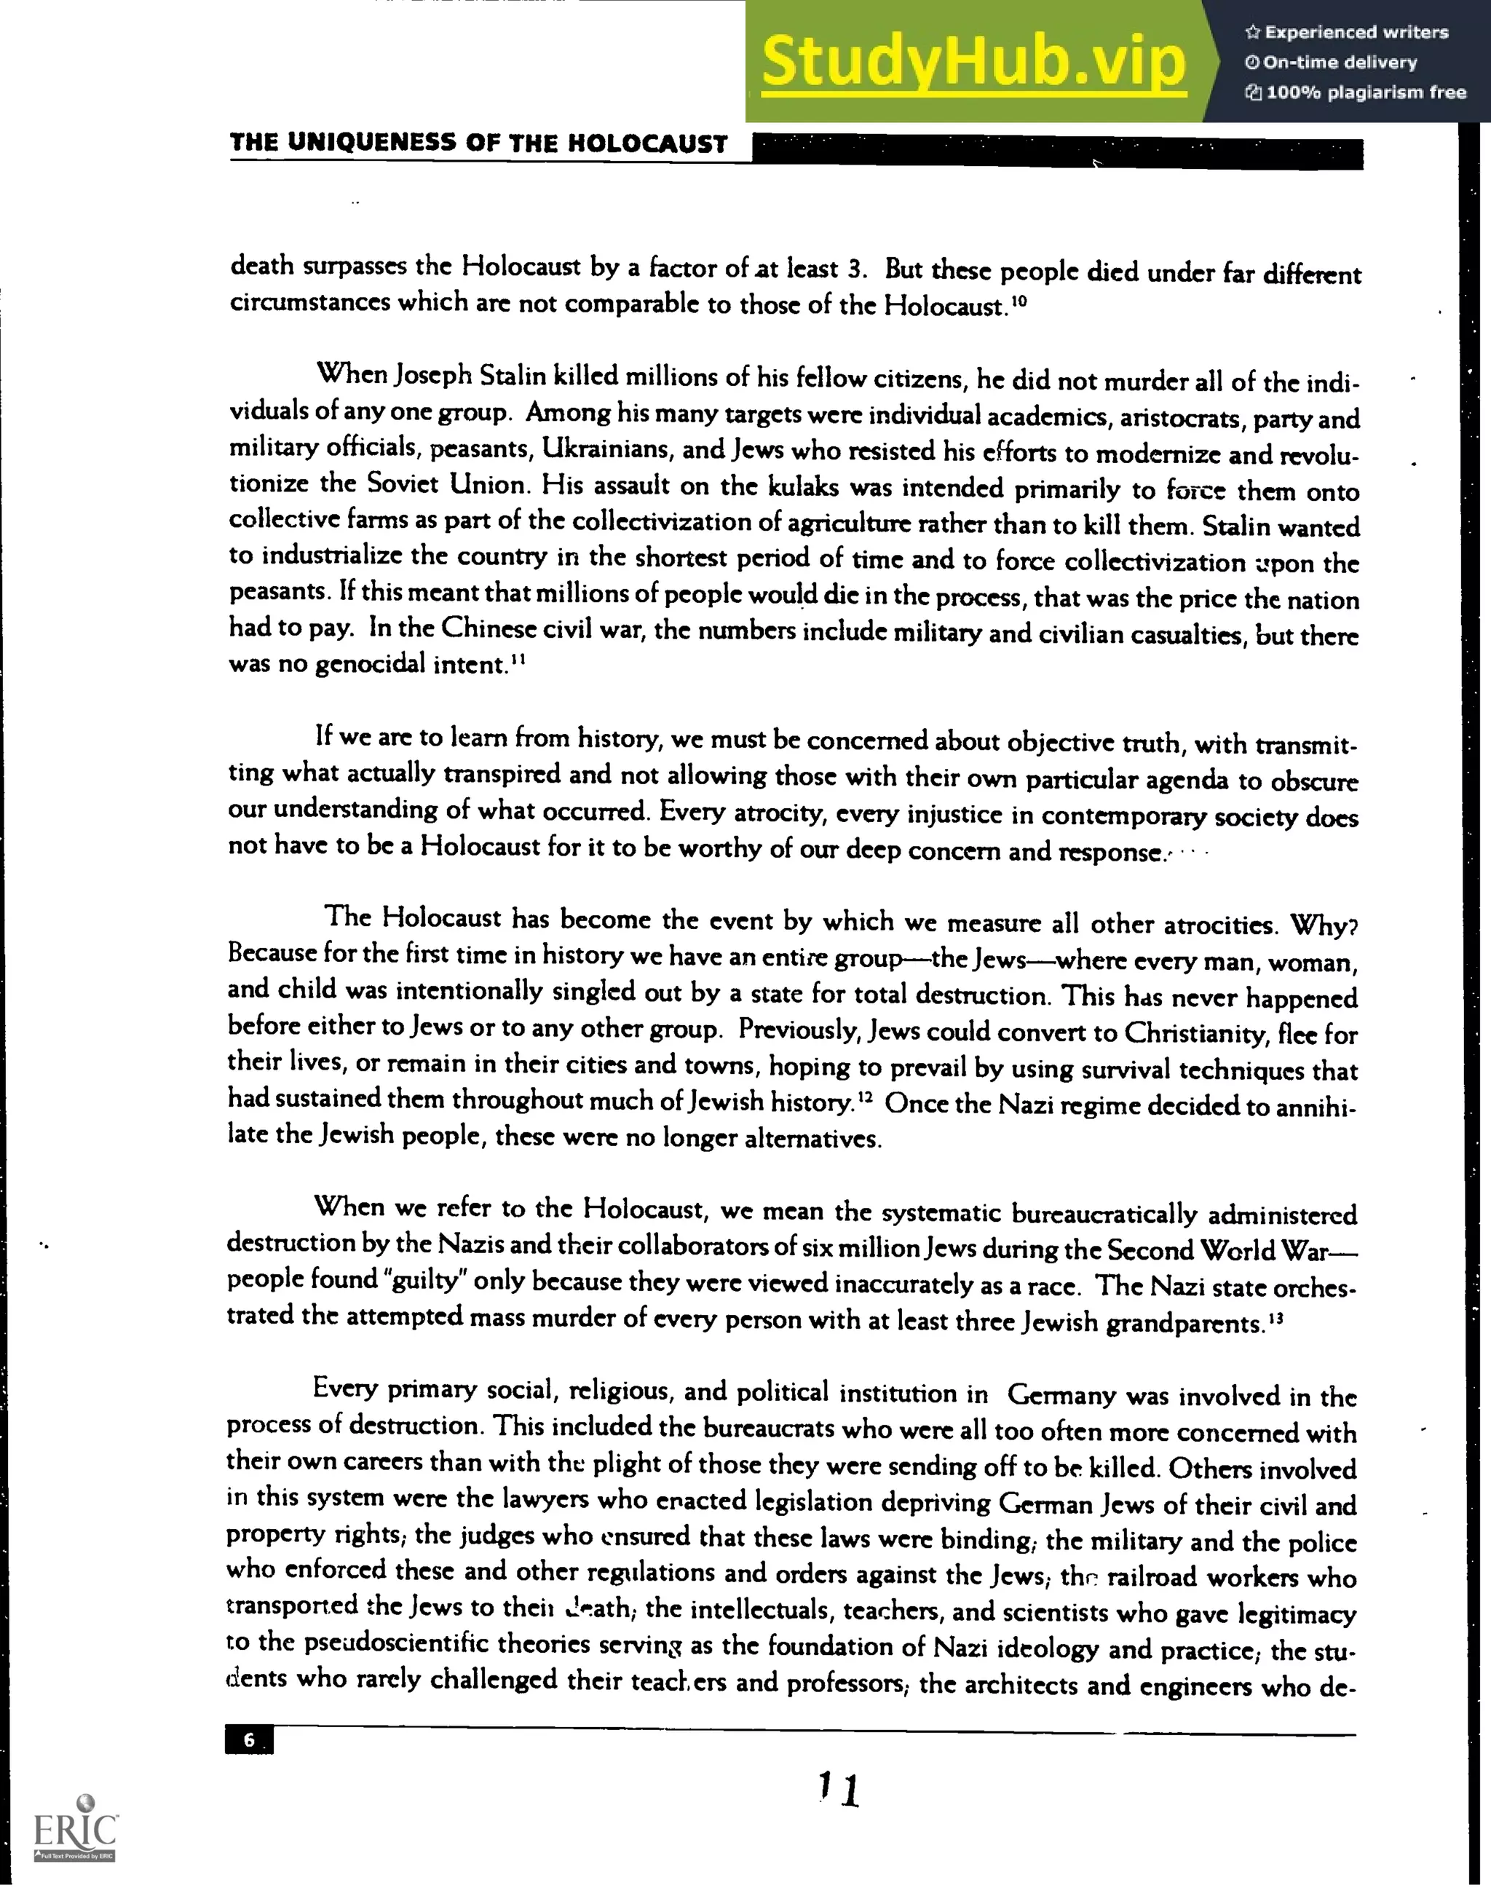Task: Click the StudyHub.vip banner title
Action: tap(973, 61)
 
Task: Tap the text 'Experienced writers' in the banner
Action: tap(1356, 32)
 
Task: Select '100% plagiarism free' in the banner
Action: tap(1365, 92)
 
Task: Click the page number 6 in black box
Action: tap(249, 1739)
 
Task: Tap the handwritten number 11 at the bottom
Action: tap(839, 1790)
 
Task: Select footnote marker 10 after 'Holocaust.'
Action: tap(1019, 301)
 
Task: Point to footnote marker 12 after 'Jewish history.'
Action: tap(864, 1097)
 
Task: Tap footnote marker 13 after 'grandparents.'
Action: tap(1276, 1317)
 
